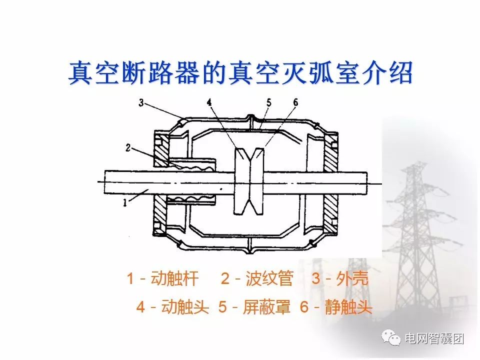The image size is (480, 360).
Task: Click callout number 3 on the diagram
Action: click(x=141, y=102)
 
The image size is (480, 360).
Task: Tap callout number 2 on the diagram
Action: click(x=128, y=148)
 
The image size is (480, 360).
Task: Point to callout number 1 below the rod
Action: click(x=125, y=202)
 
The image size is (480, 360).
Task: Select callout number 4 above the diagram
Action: click(x=209, y=102)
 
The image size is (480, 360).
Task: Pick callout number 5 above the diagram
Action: click(x=269, y=102)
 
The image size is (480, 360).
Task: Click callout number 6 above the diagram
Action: click(x=295, y=102)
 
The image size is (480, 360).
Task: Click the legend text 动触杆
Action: click(x=175, y=278)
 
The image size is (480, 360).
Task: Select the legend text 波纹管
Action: click(x=269, y=278)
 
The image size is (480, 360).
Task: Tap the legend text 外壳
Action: click(x=352, y=278)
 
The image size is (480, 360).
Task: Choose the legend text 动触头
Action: click(x=185, y=306)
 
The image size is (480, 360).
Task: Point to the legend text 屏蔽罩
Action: click(x=266, y=306)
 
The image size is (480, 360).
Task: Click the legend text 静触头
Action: click(x=348, y=306)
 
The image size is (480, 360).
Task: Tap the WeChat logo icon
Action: click(x=390, y=338)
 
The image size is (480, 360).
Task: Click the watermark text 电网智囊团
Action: click(x=434, y=338)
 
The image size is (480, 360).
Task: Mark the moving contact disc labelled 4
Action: click(x=242, y=181)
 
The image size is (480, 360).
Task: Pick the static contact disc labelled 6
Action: click(x=257, y=181)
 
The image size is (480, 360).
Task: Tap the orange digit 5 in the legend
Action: click(x=222, y=306)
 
